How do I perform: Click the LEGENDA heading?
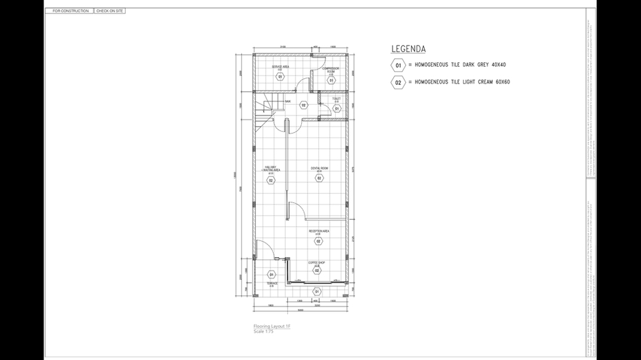point(408,49)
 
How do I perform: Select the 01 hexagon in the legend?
point(398,65)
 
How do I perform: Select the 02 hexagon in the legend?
point(398,83)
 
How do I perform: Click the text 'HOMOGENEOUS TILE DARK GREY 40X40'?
point(460,65)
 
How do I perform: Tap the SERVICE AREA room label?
point(280,67)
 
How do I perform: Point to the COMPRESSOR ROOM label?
point(331,69)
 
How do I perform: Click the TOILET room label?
point(337,100)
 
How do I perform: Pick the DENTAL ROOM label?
point(319,168)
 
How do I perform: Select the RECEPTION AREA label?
point(318,231)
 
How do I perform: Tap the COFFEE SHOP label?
point(316,263)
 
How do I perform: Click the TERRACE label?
point(272,284)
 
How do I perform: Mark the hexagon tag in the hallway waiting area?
point(271,180)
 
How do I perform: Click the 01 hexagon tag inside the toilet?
point(337,108)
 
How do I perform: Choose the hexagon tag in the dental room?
point(319,178)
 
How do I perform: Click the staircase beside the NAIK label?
point(265,107)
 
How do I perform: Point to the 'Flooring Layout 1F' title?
point(272,326)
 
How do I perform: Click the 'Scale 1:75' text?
point(263,331)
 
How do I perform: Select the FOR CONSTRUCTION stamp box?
point(70,11)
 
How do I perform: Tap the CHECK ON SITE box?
point(110,11)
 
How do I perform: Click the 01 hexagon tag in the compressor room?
point(331,79)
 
